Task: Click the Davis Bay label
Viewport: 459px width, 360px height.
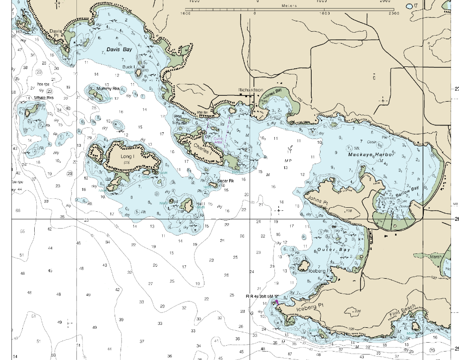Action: click(x=119, y=50)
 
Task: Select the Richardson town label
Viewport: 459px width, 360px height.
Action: click(x=251, y=90)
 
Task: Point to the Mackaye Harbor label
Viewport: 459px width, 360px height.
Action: click(x=371, y=155)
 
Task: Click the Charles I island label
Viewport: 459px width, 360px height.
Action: click(x=202, y=147)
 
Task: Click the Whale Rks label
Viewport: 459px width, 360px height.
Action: click(x=43, y=98)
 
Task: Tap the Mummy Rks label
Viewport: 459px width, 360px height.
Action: click(x=108, y=89)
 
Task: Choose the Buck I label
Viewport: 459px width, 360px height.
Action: click(x=129, y=67)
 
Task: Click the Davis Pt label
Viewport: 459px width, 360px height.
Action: click(x=55, y=33)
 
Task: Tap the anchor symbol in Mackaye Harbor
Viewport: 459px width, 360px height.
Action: click(x=290, y=147)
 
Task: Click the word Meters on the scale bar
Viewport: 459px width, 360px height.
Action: click(x=289, y=5)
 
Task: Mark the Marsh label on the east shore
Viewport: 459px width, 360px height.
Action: click(x=435, y=257)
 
